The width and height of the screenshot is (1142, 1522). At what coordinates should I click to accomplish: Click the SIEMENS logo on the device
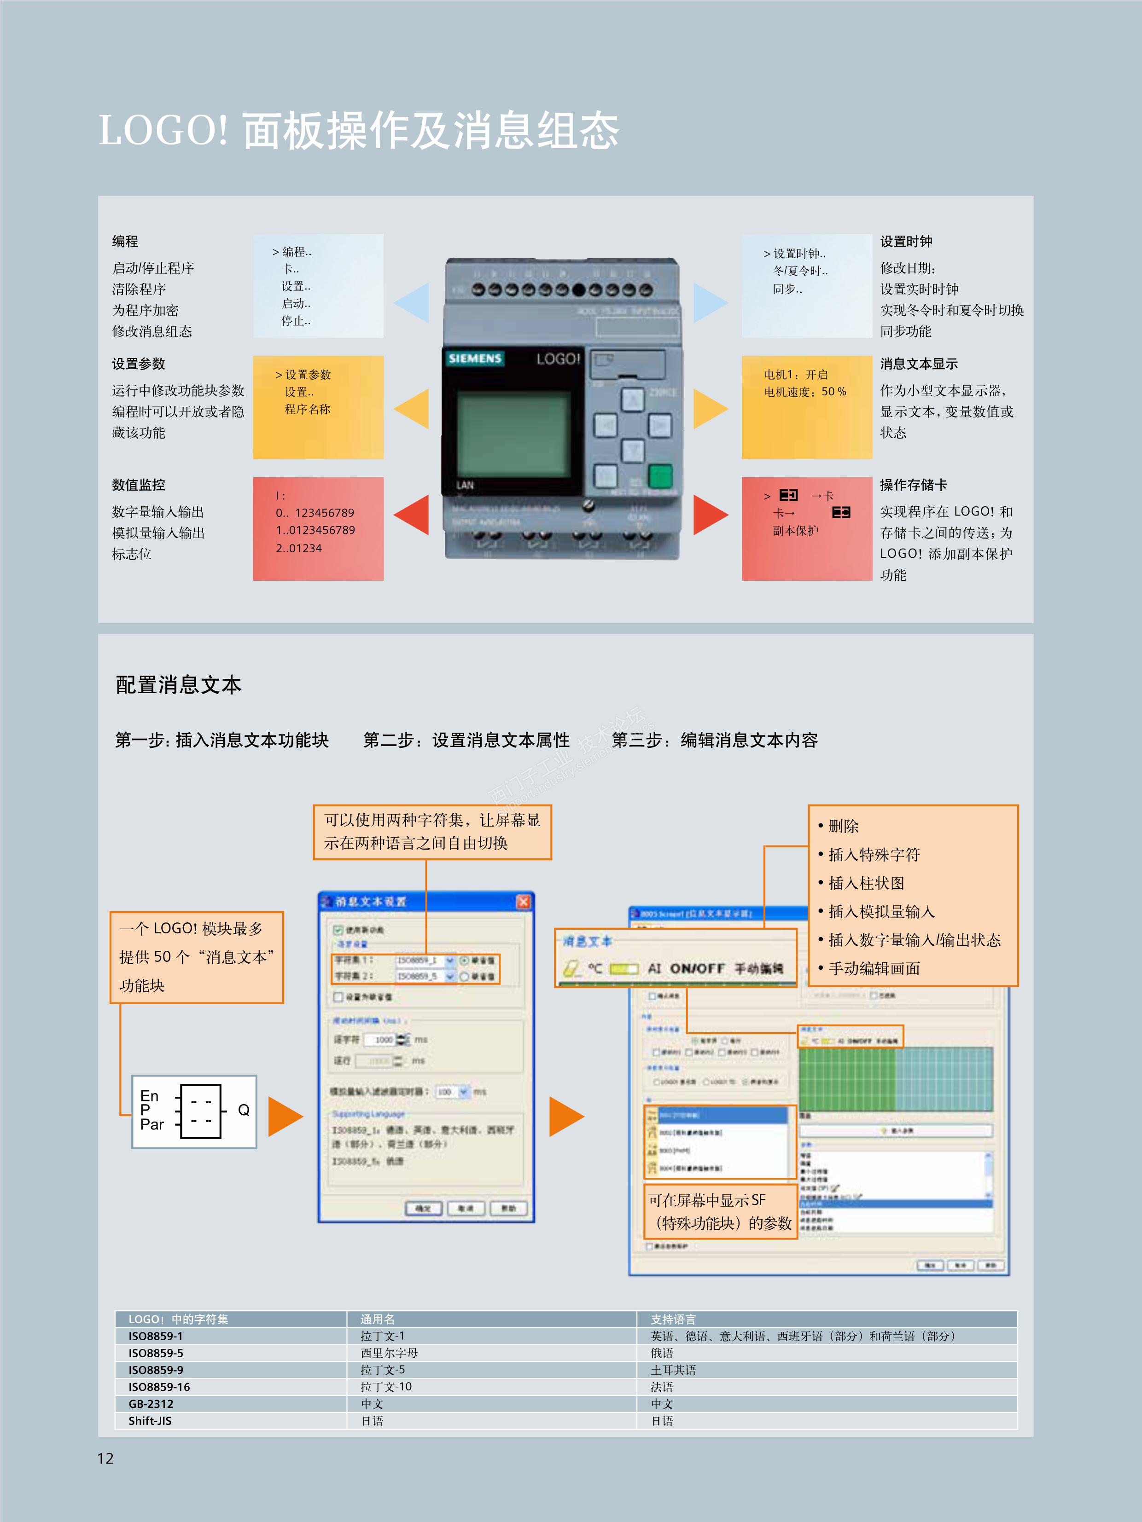coord(475,359)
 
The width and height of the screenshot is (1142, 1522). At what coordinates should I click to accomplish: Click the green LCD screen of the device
coord(513,433)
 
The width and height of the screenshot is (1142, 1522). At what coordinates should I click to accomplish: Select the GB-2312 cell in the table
coord(151,1404)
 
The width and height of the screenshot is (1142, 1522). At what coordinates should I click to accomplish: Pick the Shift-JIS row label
coord(150,1421)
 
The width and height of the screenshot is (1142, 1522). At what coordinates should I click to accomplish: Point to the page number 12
coord(105,1458)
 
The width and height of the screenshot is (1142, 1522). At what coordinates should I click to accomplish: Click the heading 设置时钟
coord(906,242)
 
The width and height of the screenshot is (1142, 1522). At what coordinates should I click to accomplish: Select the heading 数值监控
coord(138,485)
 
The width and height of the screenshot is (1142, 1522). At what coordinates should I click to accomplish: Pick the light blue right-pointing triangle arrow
coord(709,303)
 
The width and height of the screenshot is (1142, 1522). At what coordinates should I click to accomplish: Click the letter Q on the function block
coord(244,1110)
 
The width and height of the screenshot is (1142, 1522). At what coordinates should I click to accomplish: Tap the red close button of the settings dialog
coord(523,901)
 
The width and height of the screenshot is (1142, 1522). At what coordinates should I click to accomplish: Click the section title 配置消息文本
coord(178,685)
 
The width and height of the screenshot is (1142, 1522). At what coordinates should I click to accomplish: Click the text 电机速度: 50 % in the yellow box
coord(805,392)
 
